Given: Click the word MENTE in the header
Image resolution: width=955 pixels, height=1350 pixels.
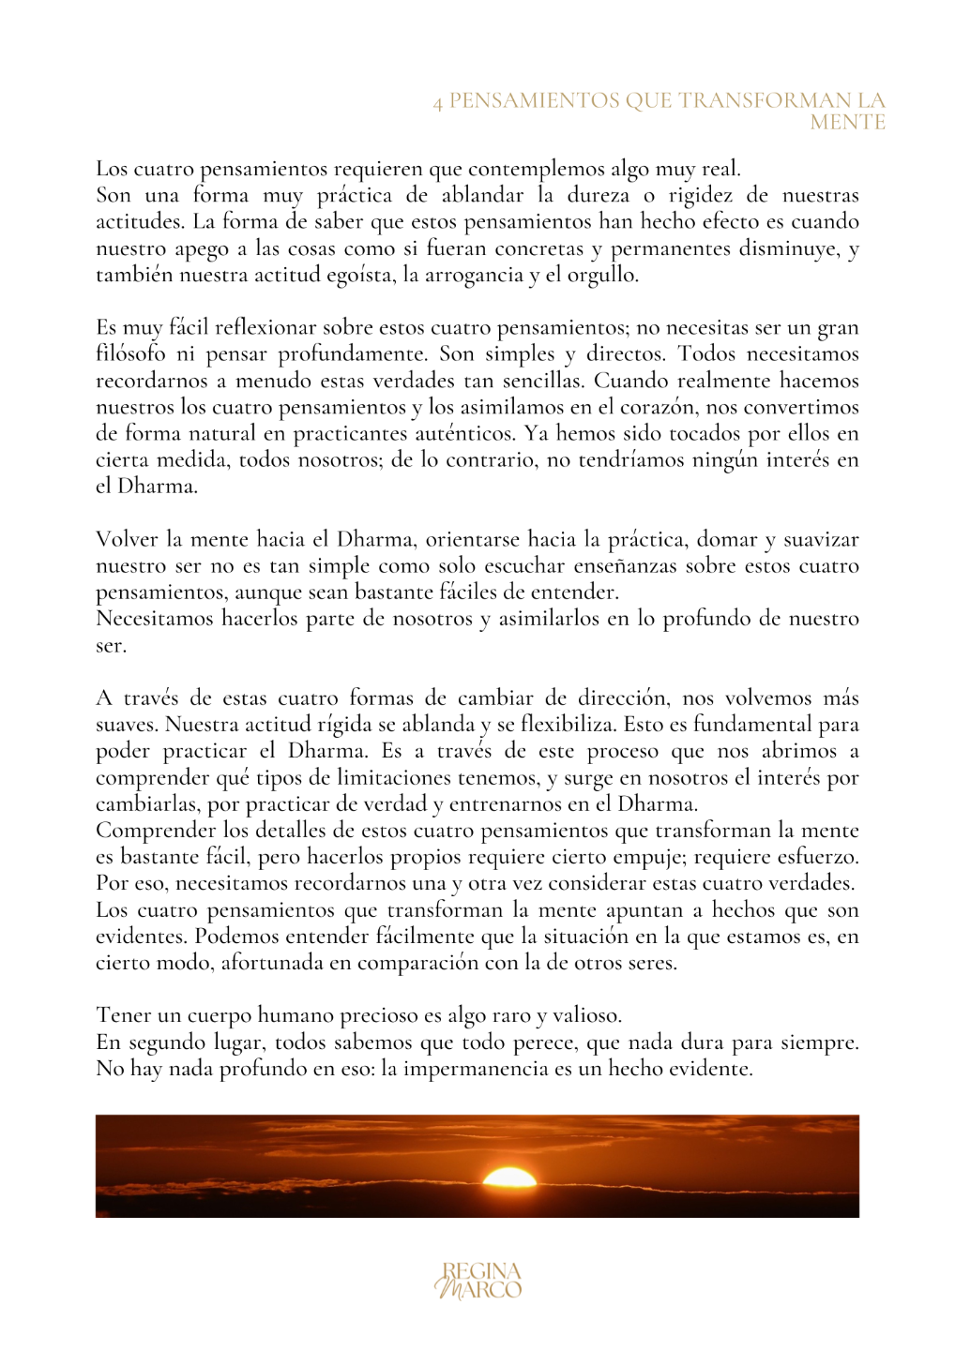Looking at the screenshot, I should pyautogui.click(x=847, y=123).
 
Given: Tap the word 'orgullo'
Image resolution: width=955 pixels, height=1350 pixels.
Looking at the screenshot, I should pyautogui.click(x=602, y=276).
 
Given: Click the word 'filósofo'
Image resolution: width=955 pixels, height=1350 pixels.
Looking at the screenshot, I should pyautogui.click(x=130, y=354).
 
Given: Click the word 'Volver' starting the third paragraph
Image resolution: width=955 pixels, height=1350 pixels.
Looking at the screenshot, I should pyautogui.click(x=127, y=540).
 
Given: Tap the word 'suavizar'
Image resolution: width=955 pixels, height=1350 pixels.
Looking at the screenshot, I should pyautogui.click(x=821, y=540).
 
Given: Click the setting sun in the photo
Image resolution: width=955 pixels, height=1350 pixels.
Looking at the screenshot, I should pyautogui.click(x=509, y=1177).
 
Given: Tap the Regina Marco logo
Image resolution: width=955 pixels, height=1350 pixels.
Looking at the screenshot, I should pyautogui.click(x=477, y=1281).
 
